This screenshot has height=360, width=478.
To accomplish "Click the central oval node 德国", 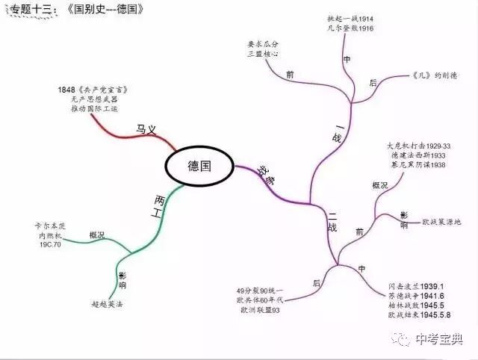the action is (x=199, y=166).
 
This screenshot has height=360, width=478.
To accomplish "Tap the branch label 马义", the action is (x=146, y=128).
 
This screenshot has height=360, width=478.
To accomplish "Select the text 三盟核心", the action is (x=263, y=55).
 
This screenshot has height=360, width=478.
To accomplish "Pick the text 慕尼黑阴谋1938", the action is (x=418, y=165).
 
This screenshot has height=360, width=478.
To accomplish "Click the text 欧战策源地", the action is (x=441, y=222).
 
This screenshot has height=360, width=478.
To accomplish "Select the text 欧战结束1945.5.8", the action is (x=417, y=315).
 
